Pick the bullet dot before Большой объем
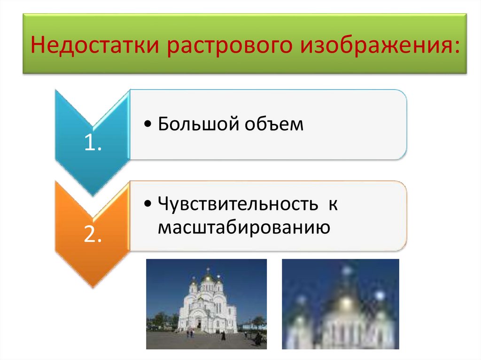click(148, 125)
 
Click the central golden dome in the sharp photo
click(207, 279)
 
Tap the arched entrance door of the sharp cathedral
click(199, 324)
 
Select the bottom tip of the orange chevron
click(93, 287)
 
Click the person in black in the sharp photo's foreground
click(223, 336)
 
